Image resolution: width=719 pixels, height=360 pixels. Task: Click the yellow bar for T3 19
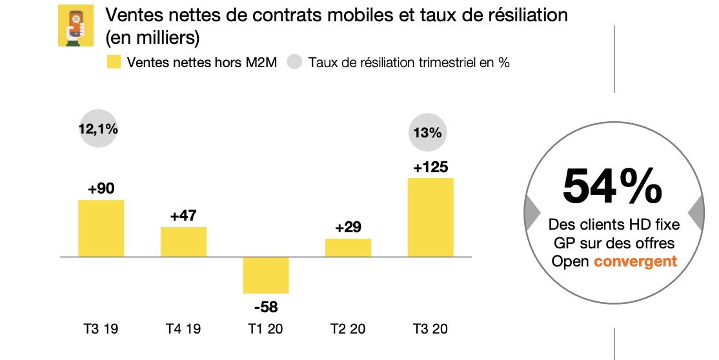pos(101,228)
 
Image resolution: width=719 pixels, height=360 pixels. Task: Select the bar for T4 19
pos(183,242)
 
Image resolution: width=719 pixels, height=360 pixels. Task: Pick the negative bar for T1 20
pos(265,275)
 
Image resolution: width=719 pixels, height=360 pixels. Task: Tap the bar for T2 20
pos(348,248)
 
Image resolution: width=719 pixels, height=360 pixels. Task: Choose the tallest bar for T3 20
pos(430,217)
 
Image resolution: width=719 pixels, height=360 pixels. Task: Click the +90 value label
pos(101,189)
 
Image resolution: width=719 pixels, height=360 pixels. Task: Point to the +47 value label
pos(183,216)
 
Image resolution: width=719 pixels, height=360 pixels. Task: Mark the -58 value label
pos(265,306)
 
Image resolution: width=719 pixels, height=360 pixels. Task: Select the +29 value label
pos(348,228)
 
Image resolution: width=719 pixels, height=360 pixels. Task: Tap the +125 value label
pos(430,167)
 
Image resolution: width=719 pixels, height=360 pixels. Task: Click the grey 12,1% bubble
pos(98,129)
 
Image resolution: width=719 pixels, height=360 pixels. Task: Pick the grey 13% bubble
pos(427,134)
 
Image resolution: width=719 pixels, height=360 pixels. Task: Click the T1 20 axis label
pos(265,329)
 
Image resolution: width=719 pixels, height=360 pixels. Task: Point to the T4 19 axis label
pos(183,329)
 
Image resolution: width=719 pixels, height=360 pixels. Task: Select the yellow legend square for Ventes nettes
pos(114,63)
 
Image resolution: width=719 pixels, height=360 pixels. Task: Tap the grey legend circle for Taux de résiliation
pos(295,63)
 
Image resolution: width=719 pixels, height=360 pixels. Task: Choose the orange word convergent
pos(635,261)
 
